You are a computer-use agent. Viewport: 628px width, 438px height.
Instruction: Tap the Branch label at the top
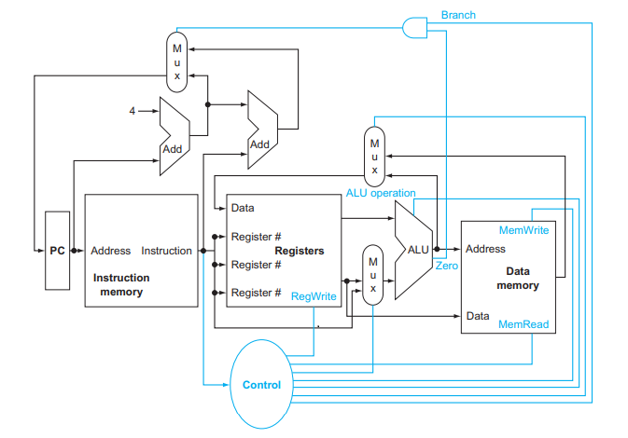[x=457, y=15]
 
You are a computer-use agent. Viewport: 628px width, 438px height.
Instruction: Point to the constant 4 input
[x=133, y=111]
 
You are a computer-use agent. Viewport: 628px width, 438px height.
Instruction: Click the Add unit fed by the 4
[x=174, y=134]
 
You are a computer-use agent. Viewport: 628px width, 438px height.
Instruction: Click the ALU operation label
[x=380, y=193]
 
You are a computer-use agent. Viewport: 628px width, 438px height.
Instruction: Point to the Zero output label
[x=446, y=267]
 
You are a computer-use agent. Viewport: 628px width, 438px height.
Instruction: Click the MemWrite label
[x=523, y=230]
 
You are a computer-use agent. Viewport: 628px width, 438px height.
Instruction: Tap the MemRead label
[x=523, y=325]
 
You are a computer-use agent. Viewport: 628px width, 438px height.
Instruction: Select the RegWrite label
[x=314, y=295]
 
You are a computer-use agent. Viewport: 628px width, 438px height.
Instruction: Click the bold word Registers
[x=300, y=251]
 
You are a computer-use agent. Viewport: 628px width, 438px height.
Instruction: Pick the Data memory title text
[x=517, y=278]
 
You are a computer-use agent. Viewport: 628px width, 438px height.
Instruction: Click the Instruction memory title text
[x=120, y=284]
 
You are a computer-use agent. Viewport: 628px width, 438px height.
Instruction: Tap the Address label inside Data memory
[x=485, y=249]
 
